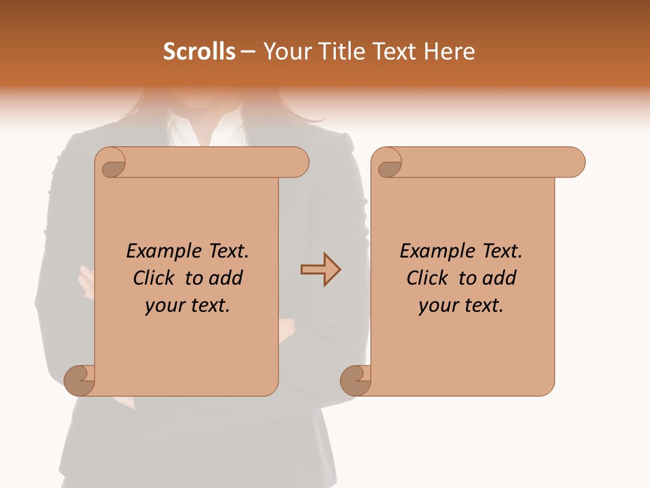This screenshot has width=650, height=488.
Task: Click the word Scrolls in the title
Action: tap(199, 52)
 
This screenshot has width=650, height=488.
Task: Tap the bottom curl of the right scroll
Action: tap(356, 380)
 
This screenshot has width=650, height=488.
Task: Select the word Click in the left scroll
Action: tap(155, 278)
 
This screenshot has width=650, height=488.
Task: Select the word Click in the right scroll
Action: tap(429, 278)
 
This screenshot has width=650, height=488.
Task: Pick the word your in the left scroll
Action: tap(162, 306)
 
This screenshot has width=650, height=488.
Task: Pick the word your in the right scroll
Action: tap(436, 306)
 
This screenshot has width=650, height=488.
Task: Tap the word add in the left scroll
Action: tap(227, 278)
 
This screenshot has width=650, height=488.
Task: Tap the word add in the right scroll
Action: tap(500, 278)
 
